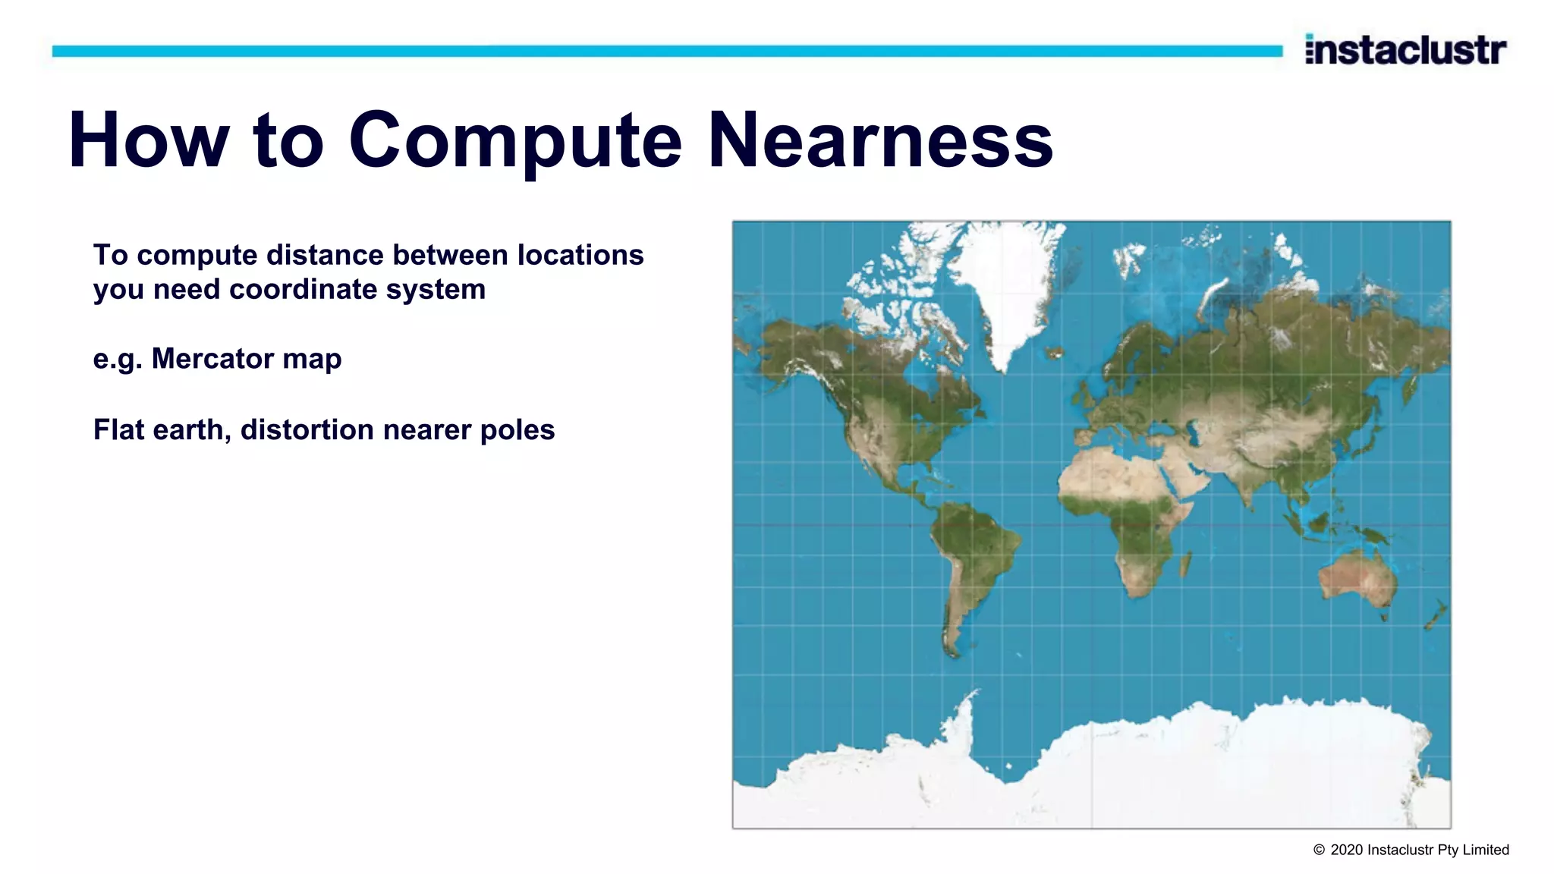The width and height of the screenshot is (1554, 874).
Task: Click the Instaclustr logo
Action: point(1405,50)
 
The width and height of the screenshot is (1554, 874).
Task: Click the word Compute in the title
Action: point(515,141)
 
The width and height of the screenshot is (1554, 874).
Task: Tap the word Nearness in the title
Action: point(880,141)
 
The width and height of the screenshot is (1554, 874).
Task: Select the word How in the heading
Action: point(149,141)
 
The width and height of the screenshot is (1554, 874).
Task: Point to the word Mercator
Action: point(213,358)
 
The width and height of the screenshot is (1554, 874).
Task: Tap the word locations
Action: point(580,256)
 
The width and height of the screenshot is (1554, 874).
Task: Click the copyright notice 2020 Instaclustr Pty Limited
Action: point(1411,850)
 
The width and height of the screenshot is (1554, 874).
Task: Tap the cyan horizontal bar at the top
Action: point(668,51)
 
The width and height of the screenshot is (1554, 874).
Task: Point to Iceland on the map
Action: point(1053,352)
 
